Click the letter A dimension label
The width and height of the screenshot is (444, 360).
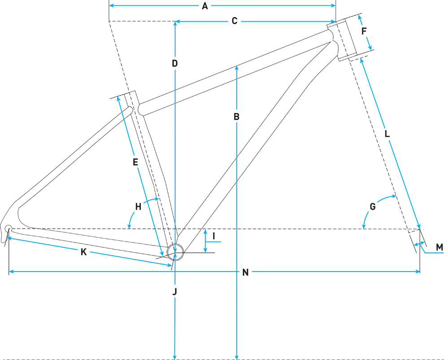coord(205,6)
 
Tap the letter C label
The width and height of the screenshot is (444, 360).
coord(234,21)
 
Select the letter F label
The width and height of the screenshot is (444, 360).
coord(364,31)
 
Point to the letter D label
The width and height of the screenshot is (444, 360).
coord(175,63)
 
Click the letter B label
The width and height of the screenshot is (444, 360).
coord(236,117)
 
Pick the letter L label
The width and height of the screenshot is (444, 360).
coord(387,134)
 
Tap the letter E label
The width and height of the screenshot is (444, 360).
coord(135,162)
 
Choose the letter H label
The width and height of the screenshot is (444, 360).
coord(138,207)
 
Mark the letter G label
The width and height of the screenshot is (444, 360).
coord(372,207)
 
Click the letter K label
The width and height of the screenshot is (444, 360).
coord(83,252)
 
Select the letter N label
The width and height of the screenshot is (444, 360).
coord(245,272)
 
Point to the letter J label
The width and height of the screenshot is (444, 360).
coord(174,292)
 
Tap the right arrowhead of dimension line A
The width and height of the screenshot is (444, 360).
coord(334,6)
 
